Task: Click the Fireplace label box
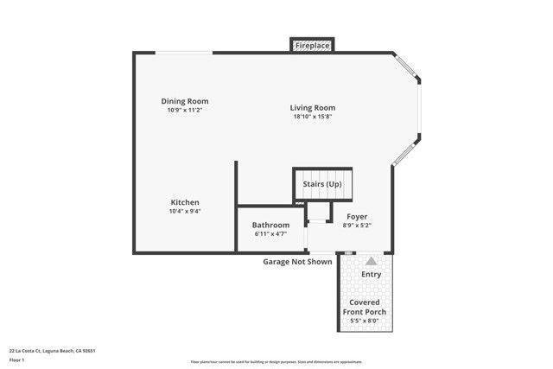(x=311, y=45)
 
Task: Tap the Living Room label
(x=312, y=108)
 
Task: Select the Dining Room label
(x=184, y=101)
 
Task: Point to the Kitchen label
(x=185, y=202)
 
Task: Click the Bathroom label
(x=270, y=225)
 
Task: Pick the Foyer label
(x=357, y=216)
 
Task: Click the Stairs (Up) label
(x=322, y=184)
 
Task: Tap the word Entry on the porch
(x=371, y=275)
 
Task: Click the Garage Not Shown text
(x=297, y=262)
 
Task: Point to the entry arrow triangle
(x=371, y=260)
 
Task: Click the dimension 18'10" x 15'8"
(x=312, y=117)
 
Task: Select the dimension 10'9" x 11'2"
(x=184, y=110)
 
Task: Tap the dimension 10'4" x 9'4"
(x=185, y=211)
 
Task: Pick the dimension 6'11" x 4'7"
(x=270, y=233)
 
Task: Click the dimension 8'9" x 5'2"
(x=357, y=225)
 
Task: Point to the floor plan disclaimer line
(x=276, y=362)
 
